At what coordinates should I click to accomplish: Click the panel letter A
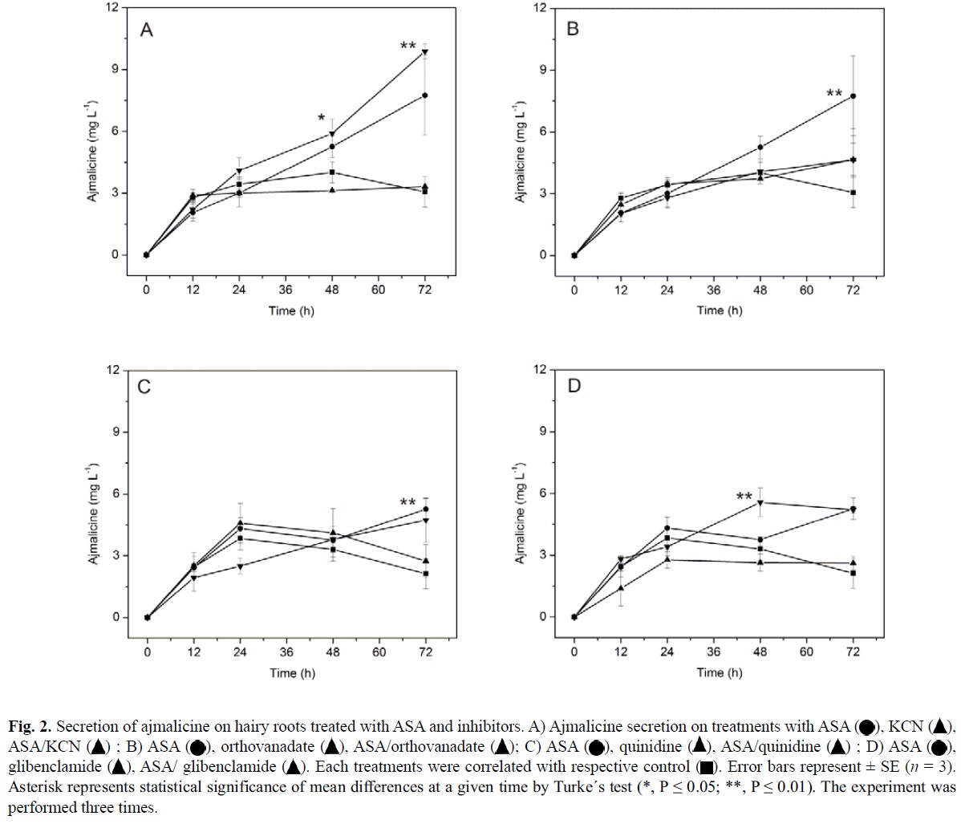click(147, 30)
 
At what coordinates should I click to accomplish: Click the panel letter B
click(573, 30)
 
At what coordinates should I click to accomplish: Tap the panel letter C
click(144, 387)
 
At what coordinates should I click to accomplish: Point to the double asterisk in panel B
click(835, 95)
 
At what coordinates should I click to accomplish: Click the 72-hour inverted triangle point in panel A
click(425, 52)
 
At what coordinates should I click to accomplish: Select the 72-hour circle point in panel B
click(853, 96)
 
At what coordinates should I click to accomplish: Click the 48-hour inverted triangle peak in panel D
click(760, 503)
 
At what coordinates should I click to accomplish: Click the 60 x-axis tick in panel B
click(806, 290)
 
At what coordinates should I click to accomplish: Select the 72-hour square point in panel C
click(425, 574)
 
